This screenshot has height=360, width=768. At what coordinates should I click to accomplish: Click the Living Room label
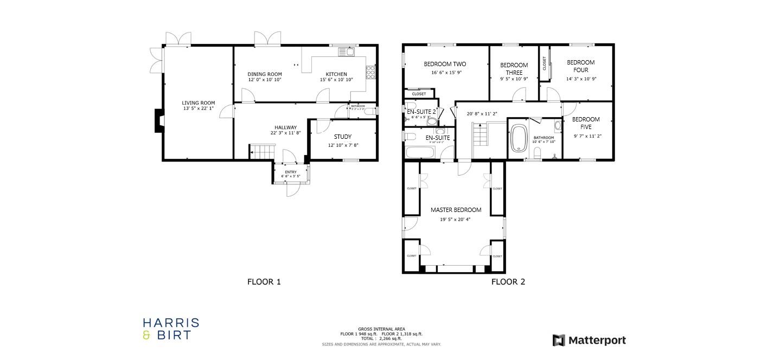pos(198,103)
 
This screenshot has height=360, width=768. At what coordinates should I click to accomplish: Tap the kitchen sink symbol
pos(345,52)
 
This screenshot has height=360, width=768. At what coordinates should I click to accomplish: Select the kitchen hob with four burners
pos(371,72)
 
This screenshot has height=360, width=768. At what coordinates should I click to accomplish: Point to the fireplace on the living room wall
pos(158,121)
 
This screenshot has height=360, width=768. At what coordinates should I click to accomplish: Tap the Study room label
pos(343,137)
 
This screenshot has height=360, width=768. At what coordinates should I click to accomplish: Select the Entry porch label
pos(291,172)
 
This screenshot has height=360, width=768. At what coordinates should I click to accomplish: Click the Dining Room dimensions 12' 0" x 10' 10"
pos(265,80)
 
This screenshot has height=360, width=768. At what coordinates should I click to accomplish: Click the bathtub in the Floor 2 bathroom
pos(519,139)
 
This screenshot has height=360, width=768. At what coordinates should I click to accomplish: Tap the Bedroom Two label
pos(445,64)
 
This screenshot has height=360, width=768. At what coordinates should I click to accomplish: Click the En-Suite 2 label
pos(421,111)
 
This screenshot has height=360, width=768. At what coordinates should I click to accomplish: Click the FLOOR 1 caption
pos(264,282)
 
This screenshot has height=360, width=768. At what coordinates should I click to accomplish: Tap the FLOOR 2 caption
pos(508,282)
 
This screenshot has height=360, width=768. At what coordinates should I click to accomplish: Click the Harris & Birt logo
pos(171,329)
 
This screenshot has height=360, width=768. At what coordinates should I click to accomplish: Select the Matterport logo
pos(589,340)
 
